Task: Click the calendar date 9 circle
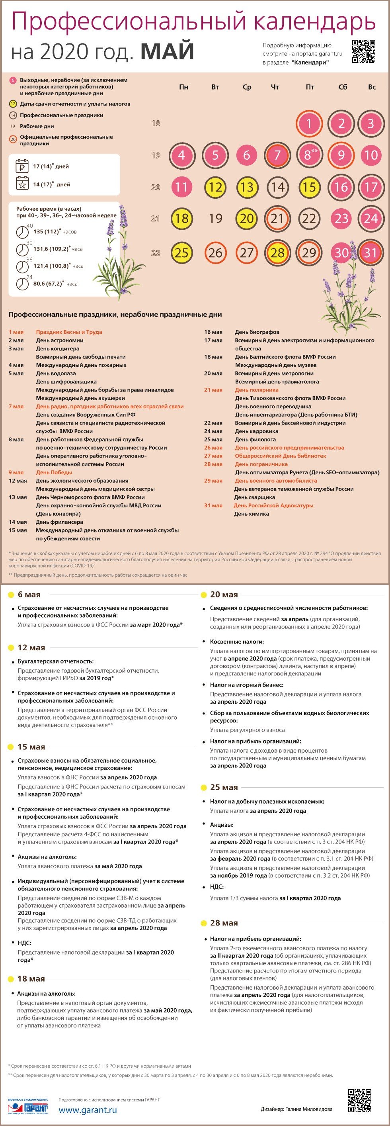pos(341,155)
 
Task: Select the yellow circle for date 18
pos(181,218)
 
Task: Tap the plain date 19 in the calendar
pos(215,218)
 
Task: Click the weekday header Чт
pos(275,87)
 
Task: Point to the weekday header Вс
pos(372,87)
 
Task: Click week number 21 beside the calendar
pos(155,218)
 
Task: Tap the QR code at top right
pos(363,52)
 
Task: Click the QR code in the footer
pos(359,1100)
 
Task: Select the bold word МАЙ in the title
pos(167,51)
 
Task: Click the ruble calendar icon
pos(22,166)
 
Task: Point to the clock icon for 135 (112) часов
pos(22,231)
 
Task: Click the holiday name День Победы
pos(54,472)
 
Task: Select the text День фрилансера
pos(59,522)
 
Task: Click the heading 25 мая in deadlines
pos(224,787)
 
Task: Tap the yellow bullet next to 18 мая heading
pos(11,979)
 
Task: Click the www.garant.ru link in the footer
pos(88,1110)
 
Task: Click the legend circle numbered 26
pos(13,139)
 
